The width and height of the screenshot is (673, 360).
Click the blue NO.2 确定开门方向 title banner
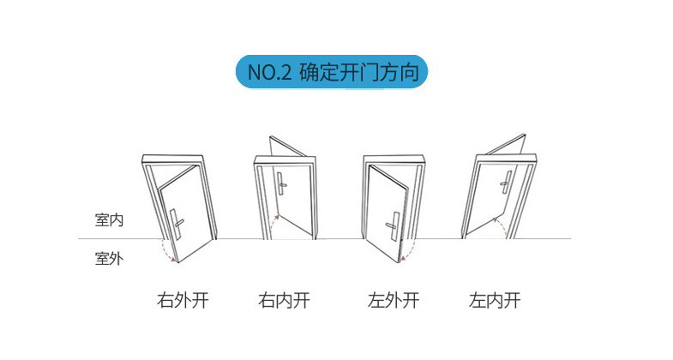[331, 72]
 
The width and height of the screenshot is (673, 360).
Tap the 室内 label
[109, 220]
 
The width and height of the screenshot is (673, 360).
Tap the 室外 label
[109, 258]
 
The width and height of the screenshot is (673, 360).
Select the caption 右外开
[183, 301]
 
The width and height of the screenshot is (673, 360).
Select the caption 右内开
[284, 301]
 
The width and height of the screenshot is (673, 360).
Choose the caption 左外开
[394, 301]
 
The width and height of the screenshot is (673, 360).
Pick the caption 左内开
[495, 301]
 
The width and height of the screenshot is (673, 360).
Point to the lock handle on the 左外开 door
[395, 225]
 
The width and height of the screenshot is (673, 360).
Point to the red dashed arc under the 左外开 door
[410, 251]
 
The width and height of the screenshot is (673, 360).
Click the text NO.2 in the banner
[268, 73]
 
